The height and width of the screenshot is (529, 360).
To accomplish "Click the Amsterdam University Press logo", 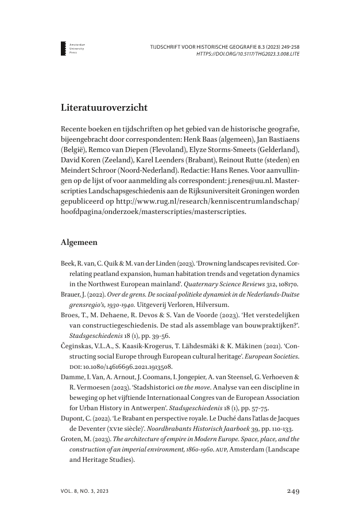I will (64, 48).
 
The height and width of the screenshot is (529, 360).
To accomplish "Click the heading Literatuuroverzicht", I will (104, 107).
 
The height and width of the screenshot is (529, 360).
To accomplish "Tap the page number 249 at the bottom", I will (292, 491).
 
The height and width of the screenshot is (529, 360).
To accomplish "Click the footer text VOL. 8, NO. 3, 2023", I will (84, 491).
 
